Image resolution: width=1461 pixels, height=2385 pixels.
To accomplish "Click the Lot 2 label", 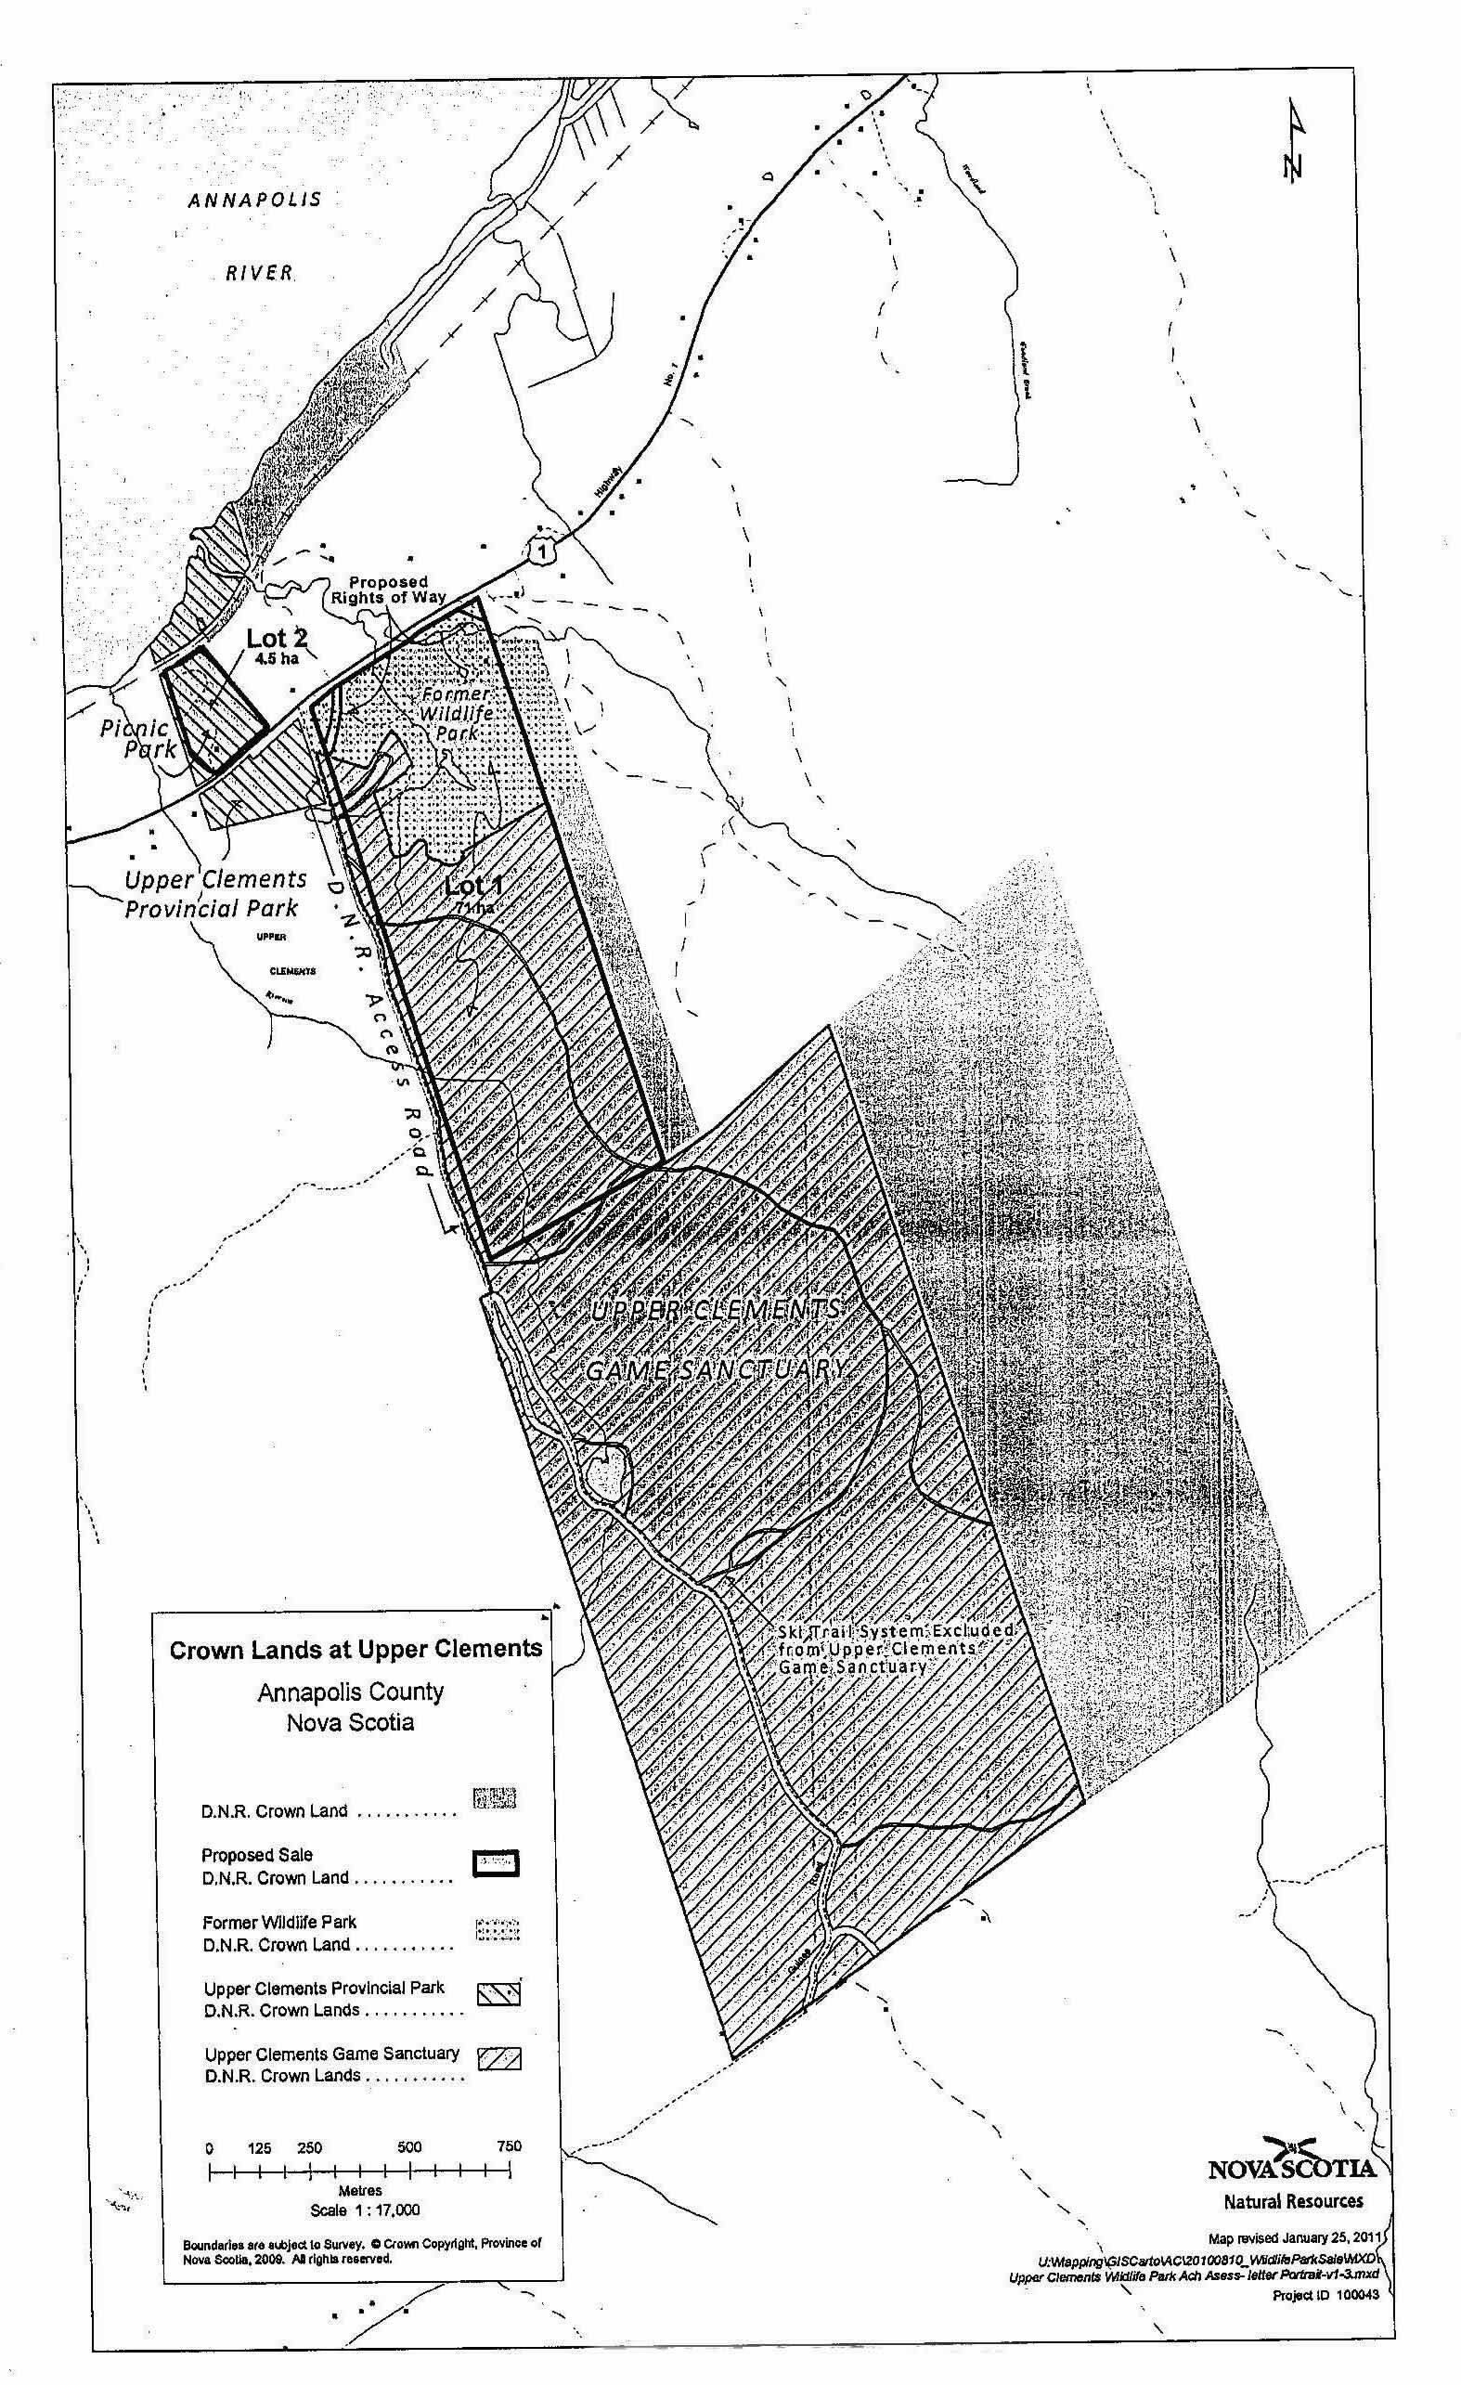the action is tap(277, 639).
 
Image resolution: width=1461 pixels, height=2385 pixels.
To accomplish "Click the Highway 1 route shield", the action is tap(545, 551).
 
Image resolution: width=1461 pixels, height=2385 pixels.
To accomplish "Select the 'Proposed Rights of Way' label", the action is tap(389, 589).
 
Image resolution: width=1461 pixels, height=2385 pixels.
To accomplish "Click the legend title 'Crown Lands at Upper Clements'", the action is tap(356, 1650).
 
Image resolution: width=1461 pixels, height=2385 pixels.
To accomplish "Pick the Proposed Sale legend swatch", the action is tap(496, 1863).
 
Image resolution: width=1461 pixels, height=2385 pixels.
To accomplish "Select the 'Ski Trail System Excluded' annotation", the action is tap(896, 1631).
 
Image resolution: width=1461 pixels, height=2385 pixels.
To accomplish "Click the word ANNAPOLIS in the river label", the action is tap(254, 201).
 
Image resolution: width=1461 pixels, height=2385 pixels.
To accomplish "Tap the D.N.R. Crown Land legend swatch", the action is tap(495, 1797).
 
